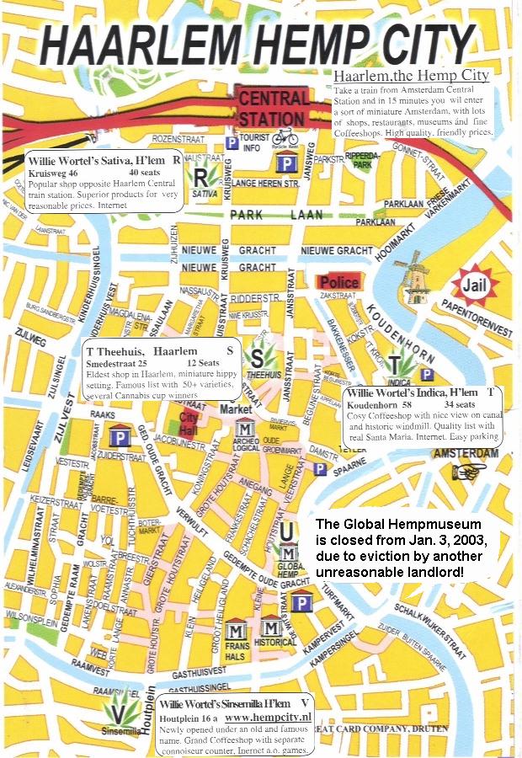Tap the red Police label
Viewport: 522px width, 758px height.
338,282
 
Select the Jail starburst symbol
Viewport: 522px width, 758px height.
476,286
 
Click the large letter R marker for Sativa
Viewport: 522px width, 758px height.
200,178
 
